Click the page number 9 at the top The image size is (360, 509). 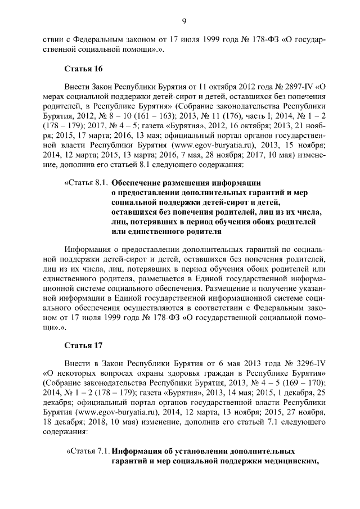[x=184, y=21]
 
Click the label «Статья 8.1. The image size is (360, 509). [x=87, y=182]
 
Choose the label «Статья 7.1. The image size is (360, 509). [x=88, y=451]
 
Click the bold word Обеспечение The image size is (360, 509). [x=139, y=182]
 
